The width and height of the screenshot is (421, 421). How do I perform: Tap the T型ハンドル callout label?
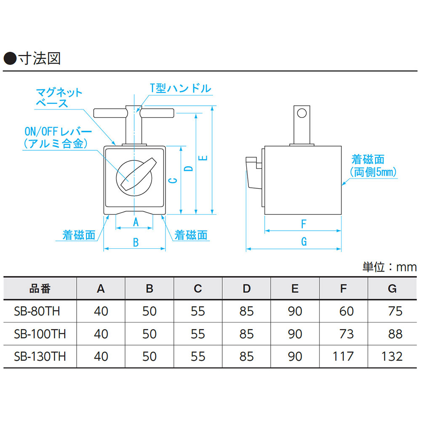(x=180, y=88)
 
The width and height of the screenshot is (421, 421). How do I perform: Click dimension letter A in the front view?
(x=136, y=222)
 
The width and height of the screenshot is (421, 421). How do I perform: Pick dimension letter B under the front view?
(x=136, y=242)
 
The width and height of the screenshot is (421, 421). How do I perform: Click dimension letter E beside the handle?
(x=203, y=158)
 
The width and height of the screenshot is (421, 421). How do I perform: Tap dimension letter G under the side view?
(x=304, y=242)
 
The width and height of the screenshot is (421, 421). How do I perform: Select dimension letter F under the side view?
(x=304, y=224)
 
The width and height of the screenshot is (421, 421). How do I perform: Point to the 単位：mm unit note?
(x=389, y=266)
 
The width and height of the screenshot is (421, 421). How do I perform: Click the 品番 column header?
(x=40, y=288)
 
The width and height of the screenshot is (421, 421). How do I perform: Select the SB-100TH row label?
(x=40, y=334)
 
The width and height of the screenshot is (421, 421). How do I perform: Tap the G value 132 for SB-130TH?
(x=392, y=356)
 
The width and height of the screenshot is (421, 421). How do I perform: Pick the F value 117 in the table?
(x=343, y=356)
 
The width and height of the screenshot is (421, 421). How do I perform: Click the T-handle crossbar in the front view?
(x=134, y=113)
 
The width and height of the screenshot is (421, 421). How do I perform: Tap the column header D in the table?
(x=246, y=288)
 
